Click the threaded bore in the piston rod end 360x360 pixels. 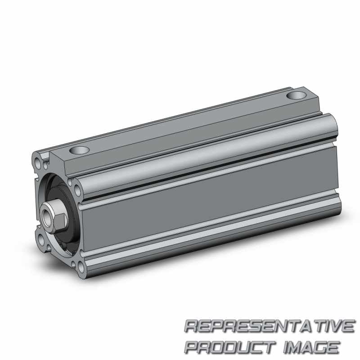pyautogui.click(x=48, y=216)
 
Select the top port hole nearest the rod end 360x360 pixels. pyautogui.click(x=79, y=150)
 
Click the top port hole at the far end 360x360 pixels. pyautogui.click(x=297, y=95)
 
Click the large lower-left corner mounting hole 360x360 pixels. pyautogui.click(x=40, y=240)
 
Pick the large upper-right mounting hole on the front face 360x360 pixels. pyautogui.click(x=78, y=190)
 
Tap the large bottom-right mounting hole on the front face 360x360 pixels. pyautogui.click(x=81, y=267)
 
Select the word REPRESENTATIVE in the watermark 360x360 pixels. pyautogui.click(x=270, y=326)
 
